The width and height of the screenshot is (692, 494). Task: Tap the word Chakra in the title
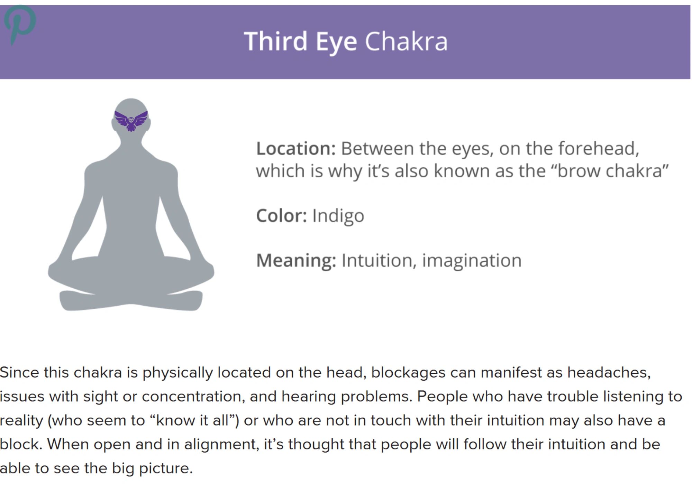pyautogui.click(x=406, y=41)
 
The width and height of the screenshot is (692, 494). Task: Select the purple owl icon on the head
pyautogui.click(x=131, y=121)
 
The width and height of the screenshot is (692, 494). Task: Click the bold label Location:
pyautogui.click(x=296, y=149)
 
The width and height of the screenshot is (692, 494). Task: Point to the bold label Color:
pyautogui.click(x=281, y=216)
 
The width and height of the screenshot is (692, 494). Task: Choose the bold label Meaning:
pyautogui.click(x=296, y=260)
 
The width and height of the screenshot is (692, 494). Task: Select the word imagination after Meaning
pyautogui.click(x=472, y=261)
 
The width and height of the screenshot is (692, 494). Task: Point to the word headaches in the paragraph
pyautogui.click(x=609, y=373)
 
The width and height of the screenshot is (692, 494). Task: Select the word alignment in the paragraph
pyautogui.click(x=221, y=445)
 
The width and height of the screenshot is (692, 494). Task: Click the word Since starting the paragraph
pyautogui.click(x=19, y=373)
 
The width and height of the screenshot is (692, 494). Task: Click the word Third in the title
pyautogui.click(x=275, y=41)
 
